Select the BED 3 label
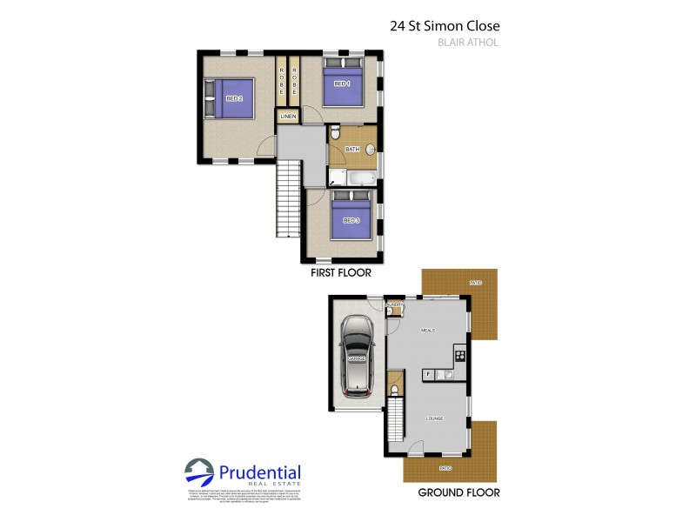(x=351, y=220)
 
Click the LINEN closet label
(x=288, y=117)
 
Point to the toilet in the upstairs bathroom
(x=336, y=133)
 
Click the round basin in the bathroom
(x=371, y=149)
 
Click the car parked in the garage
(x=357, y=355)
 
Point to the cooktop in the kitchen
(x=459, y=354)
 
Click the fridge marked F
(x=428, y=374)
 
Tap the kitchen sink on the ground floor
(x=446, y=374)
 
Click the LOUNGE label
(x=434, y=418)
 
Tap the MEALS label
(x=427, y=331)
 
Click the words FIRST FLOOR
(x=341, y=273)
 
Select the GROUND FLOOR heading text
(x=458, y=492)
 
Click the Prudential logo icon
(x=199, y=473)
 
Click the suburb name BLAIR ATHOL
(x=467, y=42)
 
